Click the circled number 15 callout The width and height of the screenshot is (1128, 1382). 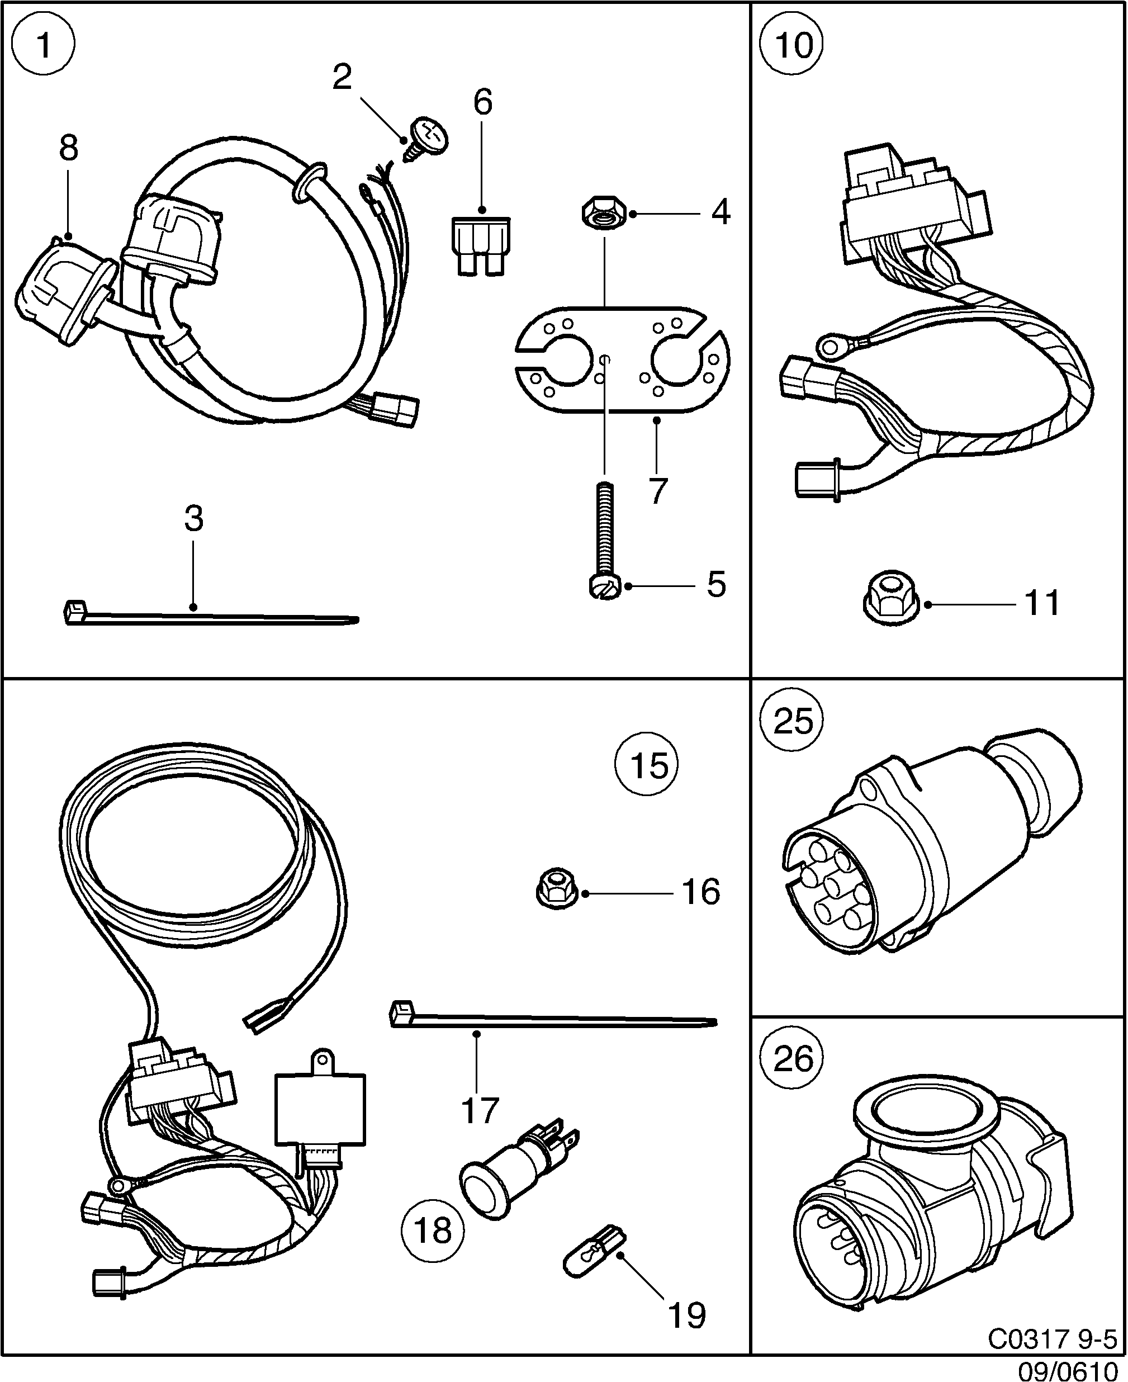point(647,765)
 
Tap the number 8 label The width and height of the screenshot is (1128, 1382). point(68,148)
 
